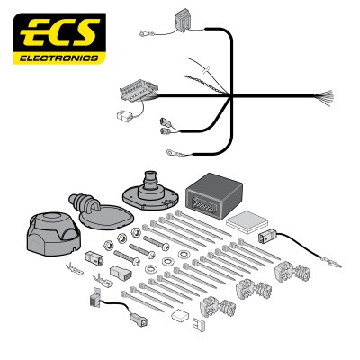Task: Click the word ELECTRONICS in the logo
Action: tap(58, 58)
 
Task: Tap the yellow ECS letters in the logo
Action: tap(59, 32)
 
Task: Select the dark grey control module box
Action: tap(214, 195)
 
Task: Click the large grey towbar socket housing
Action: tap(53, 232)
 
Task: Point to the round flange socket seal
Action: tap(150, 192)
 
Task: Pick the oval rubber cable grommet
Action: tap(101, 211)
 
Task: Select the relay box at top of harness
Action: tap(182, 19)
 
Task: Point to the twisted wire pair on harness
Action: tap(206, 85)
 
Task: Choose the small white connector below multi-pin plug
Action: tap(123, 114)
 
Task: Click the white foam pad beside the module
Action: tap(247, 221)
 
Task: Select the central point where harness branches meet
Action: tap(230, 96)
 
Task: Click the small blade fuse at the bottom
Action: tap(199, 323)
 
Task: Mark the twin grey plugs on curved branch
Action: tap(166, 126)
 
